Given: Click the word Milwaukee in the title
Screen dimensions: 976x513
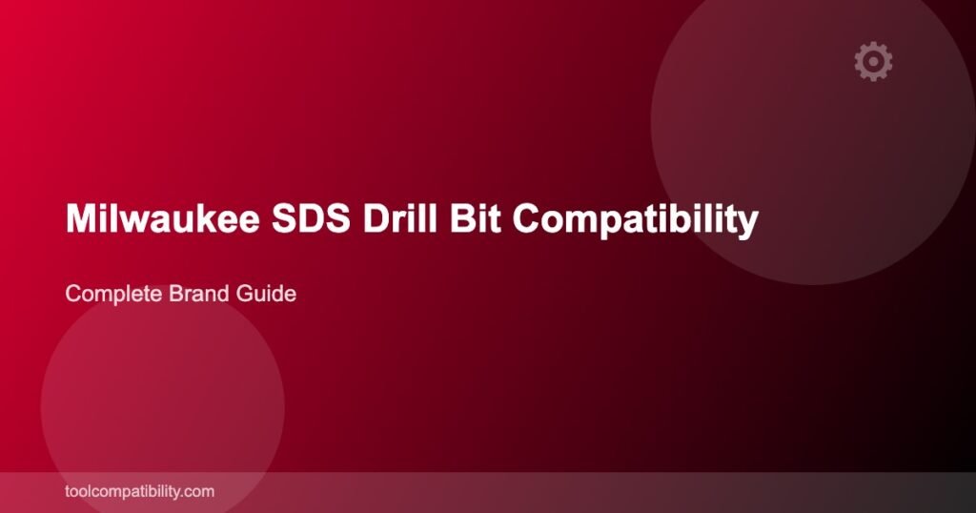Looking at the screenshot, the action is (x=162, y=218).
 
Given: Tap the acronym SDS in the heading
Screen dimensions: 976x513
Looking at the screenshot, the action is (x=311, y=218).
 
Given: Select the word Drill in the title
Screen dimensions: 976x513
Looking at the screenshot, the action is (x=400, y=218).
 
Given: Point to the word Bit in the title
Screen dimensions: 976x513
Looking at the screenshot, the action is (x=476, y=218).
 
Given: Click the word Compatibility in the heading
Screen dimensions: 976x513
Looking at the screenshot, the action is (x=636, y=221).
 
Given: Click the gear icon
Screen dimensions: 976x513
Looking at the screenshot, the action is (x=873, y=61).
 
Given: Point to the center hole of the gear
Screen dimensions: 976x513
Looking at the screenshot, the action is (x=873, y=61).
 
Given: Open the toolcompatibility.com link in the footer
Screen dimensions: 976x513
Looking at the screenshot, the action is (x=139, y=491).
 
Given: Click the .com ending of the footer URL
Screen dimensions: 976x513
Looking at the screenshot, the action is (x=198, y=492).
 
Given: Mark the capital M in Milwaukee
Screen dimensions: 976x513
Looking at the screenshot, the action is (x=81, y=218).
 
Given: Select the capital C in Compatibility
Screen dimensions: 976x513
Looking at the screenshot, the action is (x=527, y=218).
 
